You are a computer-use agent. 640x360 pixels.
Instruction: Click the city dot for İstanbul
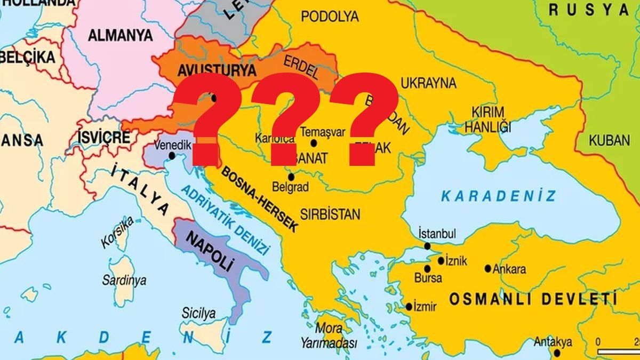point(427,246)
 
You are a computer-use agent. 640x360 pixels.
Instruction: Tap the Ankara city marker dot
point(488,268)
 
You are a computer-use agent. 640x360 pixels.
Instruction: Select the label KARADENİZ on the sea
point(498,196)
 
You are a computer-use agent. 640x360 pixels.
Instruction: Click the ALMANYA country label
point(120,36)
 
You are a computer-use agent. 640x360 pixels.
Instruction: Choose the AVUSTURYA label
point(209,69)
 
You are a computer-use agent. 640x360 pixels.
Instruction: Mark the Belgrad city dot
point(291,177)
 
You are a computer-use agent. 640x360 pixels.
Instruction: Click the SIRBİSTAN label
point(330,214)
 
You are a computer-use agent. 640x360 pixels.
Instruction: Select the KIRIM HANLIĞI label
point(487,119)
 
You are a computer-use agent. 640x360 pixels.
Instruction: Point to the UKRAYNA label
point(428,83)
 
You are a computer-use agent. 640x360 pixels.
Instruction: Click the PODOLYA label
point(330,17)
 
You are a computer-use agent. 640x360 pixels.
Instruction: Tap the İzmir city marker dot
point(409,307)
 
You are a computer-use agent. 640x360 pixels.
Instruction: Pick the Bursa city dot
point(427,268)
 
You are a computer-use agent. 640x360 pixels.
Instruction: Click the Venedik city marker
point(172,156)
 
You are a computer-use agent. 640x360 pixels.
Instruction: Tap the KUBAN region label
point(610,140)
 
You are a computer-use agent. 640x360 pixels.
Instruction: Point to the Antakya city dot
point(557,353)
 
